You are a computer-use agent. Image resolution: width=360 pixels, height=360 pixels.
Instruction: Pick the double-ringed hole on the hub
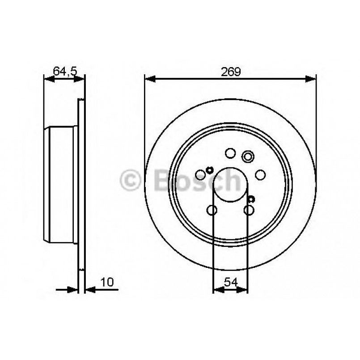247,156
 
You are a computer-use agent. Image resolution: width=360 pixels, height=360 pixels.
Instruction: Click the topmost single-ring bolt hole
230,153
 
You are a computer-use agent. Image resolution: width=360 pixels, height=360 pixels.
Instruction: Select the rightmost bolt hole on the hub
260,175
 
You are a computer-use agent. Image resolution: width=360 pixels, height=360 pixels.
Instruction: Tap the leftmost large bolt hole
200,175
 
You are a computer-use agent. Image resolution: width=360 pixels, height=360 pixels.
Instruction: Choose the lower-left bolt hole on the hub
212,210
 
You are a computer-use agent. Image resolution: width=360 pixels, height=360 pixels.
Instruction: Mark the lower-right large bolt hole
249,210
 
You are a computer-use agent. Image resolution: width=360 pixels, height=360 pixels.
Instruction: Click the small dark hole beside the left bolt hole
209,169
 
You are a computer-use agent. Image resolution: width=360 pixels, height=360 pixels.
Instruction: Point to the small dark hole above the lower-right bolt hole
251,199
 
